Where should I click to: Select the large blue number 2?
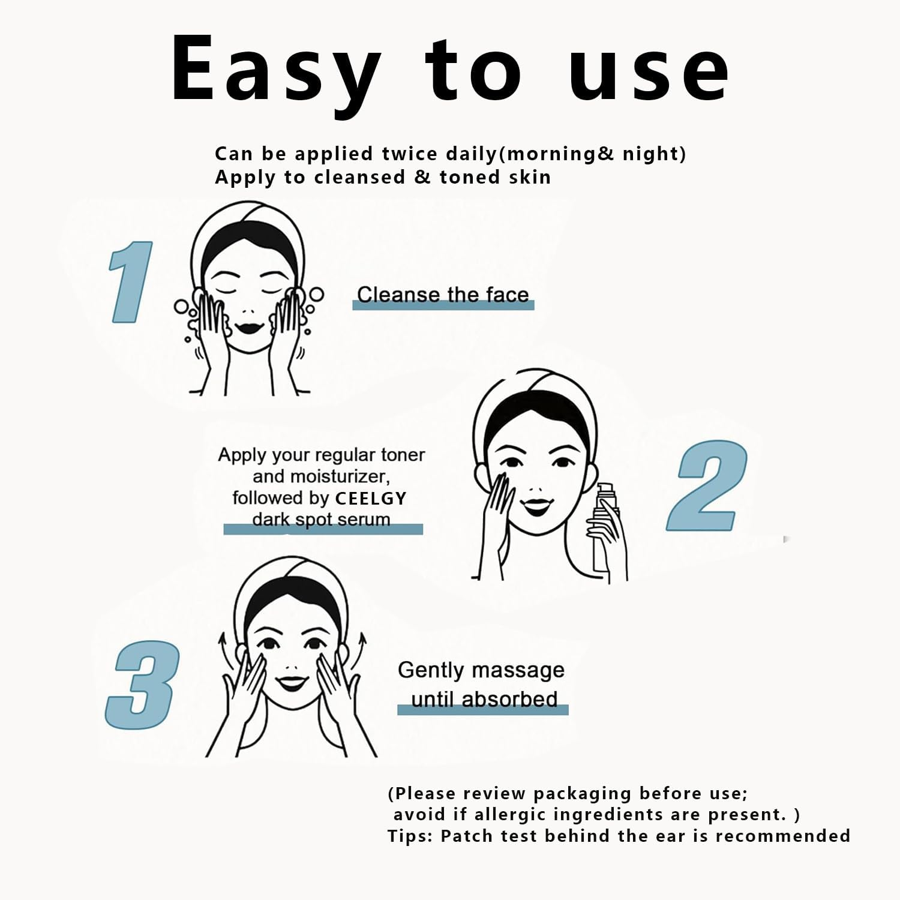pyautogui.click(x=707, y=485)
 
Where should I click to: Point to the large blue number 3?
pyautogui.click(x=143, y=685)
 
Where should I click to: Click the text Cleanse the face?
pyautogui.click(x=443, y=295)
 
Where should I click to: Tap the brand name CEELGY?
pyautogui.click(x=370, y=499)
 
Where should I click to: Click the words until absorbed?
pyautogui.click(x=484, y=699)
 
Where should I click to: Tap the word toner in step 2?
pyautogui.click(x=402, y=455)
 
